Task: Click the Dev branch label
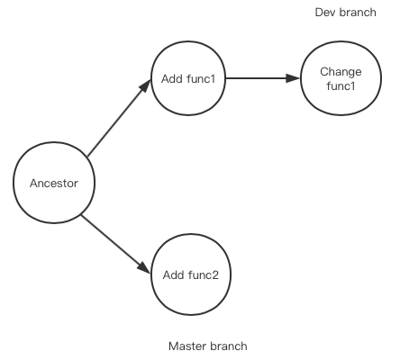click(345, 13)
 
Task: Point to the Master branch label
click(208, 346)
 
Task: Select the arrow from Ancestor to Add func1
click(119, 118)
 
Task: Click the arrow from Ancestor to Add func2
click(115, 244)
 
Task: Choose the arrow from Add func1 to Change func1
click(263, 78)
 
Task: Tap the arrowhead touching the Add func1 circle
click(145, 86)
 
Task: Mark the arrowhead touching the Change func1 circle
click(293, 78)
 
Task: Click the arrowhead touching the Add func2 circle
click(144, 268)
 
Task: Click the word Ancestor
click(54, 184)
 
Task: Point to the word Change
click(341, 72)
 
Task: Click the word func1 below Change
click(341, 86)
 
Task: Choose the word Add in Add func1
click(172, 79)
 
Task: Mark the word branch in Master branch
click(229, 346)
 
